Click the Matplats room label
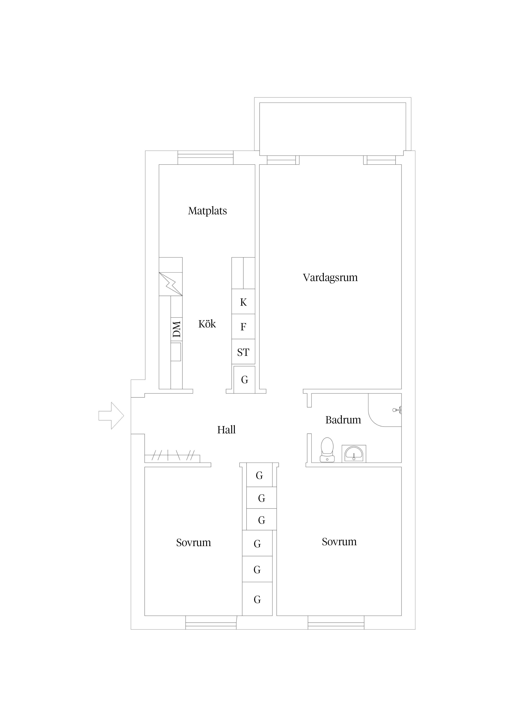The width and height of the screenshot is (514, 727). (x=207, y=211)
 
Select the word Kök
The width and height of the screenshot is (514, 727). (x=207, y=324)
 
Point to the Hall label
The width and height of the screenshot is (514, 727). (x=227, y=430)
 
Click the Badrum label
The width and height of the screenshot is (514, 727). (x=343, y=420)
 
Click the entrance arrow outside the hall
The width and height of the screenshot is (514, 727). (x=111, y=416)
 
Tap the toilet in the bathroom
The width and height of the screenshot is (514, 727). (x=327, y=450)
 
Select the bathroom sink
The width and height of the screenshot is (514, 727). (x=354, y=453)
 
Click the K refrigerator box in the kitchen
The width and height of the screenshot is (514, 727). (x=243, y=302)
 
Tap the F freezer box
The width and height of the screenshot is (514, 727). (x=243, y=326)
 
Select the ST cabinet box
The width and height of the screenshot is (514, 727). (x=243, y=352)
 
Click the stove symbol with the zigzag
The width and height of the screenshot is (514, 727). (x=171, y=284)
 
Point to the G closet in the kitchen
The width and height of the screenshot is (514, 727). (x=244, y=380)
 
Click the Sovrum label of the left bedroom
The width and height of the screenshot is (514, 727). (x=194, y=543)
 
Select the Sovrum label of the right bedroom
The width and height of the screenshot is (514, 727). (x=339, y=542)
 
